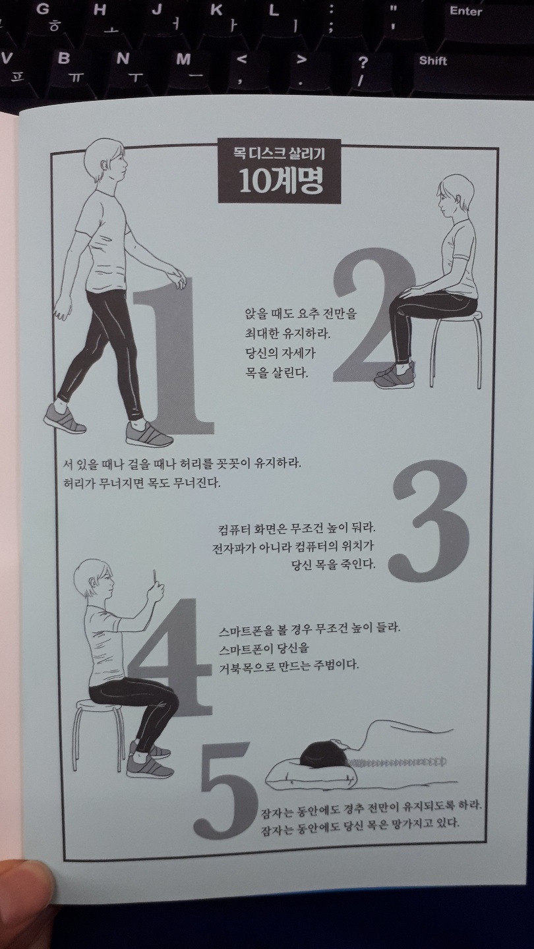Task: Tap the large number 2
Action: tap(373, 314)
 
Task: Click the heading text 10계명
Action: tap(280, 181)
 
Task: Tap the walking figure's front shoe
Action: tap(149, 433)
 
